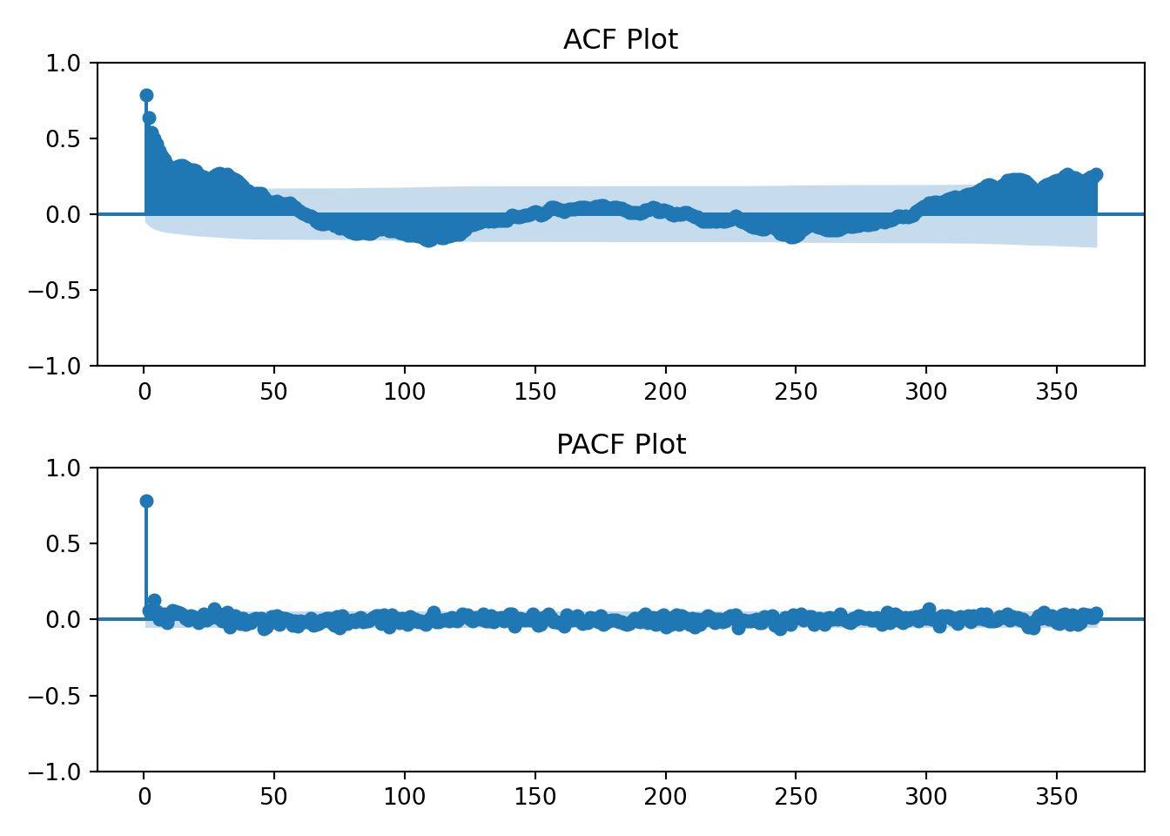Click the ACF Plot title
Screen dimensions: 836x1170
coord(620,40)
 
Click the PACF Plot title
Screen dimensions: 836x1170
coord(620,445)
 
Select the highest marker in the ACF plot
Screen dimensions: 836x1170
coord(146,95)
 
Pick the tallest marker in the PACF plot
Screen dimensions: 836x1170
coord(146,501)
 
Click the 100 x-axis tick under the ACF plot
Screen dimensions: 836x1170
coord(405,392)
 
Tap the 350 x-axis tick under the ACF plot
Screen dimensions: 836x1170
coord(1057,392)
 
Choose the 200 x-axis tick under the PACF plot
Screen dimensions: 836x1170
coord(665,797)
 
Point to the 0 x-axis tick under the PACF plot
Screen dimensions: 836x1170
coord(145,797)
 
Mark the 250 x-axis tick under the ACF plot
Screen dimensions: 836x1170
coord(796,392)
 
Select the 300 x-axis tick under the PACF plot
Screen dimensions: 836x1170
coord(926,797)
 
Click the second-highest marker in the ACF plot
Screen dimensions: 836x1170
coord(149,118)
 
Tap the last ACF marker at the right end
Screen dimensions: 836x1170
coord(1096,174)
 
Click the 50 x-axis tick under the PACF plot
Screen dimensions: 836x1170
coord(274,797)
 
